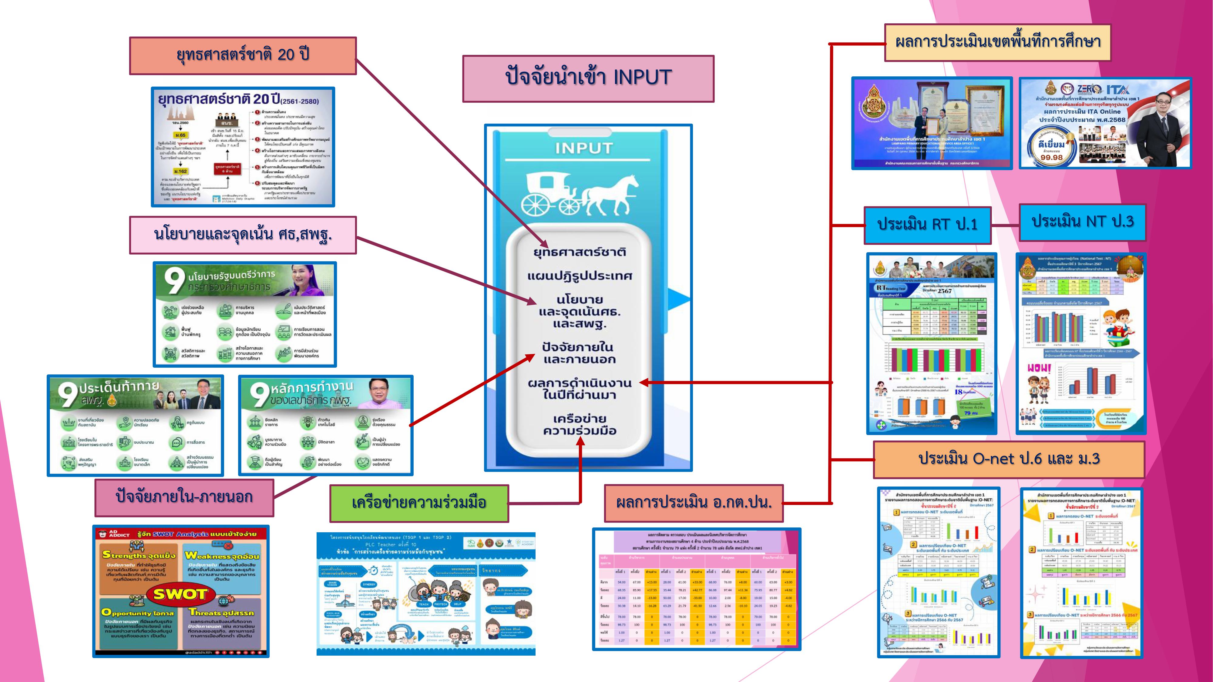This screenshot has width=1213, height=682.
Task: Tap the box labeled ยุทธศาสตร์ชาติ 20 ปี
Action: pos(243,55)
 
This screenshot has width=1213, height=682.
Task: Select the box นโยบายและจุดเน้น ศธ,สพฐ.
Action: pos(243,234)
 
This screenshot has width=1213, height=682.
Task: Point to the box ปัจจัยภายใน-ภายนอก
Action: pos(184,497)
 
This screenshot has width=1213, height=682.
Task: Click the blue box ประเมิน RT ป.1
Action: pos(927,225)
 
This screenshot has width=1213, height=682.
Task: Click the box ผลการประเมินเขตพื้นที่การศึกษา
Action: pos(997,43)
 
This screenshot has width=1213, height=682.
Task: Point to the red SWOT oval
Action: pos(180,594)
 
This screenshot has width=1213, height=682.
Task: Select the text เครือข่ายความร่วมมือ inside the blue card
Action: pos(580,425)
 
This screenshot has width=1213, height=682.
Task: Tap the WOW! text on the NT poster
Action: pos(1039,368)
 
